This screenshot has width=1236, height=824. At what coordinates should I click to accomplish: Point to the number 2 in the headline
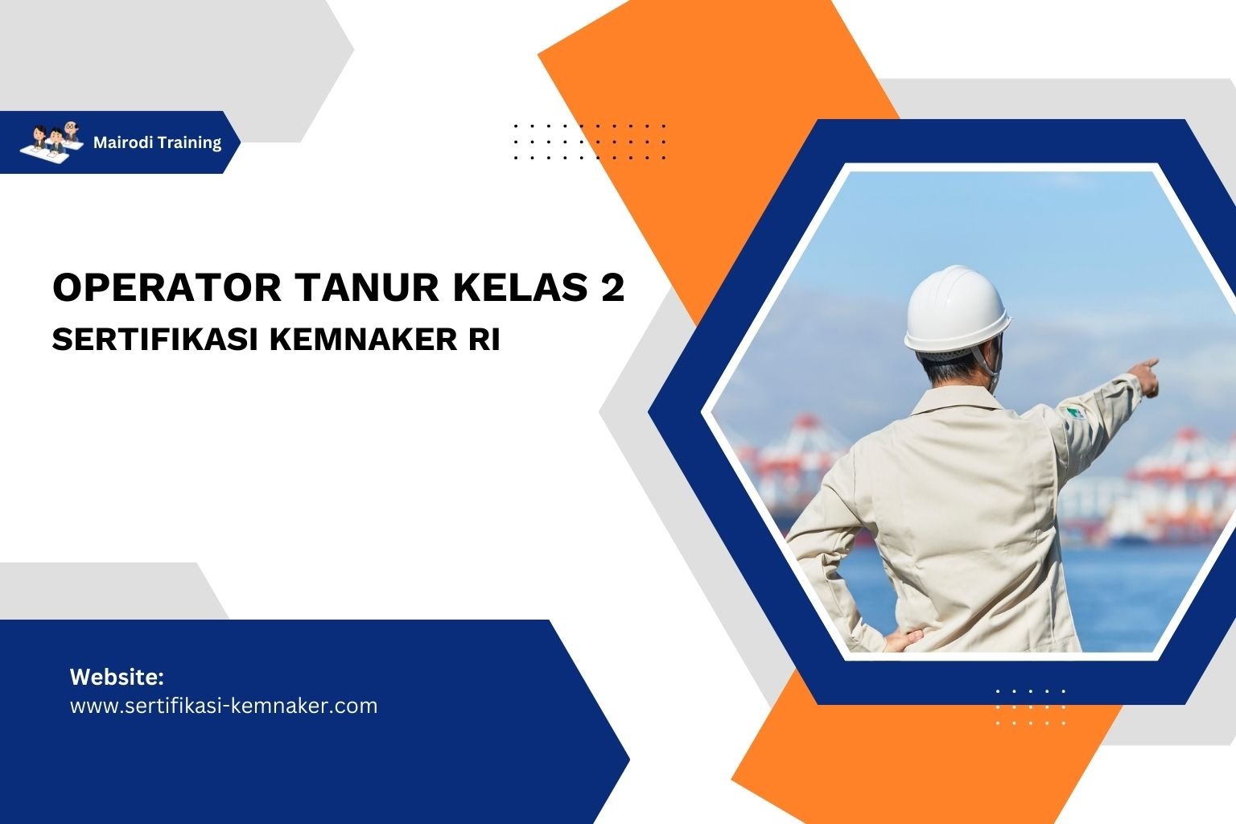tap(612, 287)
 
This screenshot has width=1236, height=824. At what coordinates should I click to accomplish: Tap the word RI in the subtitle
tap(483, 340)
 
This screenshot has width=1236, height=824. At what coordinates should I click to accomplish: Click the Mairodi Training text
tap(157, 142)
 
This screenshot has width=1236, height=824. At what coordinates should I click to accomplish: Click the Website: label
tap(117, 677)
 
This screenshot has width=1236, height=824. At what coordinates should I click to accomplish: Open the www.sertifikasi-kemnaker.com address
tap(223, 706)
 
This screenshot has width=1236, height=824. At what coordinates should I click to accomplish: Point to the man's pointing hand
tap(1146, 377)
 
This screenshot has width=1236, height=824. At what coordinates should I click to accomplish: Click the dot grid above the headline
tap(589, 142)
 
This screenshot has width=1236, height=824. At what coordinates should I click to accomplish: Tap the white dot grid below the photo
tap(1030, 707)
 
